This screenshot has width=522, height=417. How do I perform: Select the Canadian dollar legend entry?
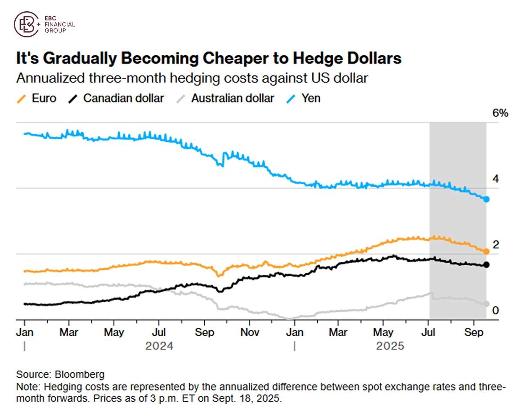[117, 98]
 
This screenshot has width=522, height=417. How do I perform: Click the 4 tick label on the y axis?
[495, 179]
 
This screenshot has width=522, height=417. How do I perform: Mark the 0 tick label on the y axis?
[495, 310]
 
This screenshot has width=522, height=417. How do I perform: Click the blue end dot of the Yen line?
[486, 199]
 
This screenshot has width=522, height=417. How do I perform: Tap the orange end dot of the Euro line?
[486, 251]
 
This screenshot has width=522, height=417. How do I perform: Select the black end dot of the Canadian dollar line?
[486, 265]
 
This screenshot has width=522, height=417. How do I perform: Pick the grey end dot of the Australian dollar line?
[486, 304]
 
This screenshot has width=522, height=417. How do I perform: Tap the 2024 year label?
[159, 347]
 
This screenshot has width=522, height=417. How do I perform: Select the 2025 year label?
[390, 347]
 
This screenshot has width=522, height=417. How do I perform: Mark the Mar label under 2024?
[69, 333]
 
